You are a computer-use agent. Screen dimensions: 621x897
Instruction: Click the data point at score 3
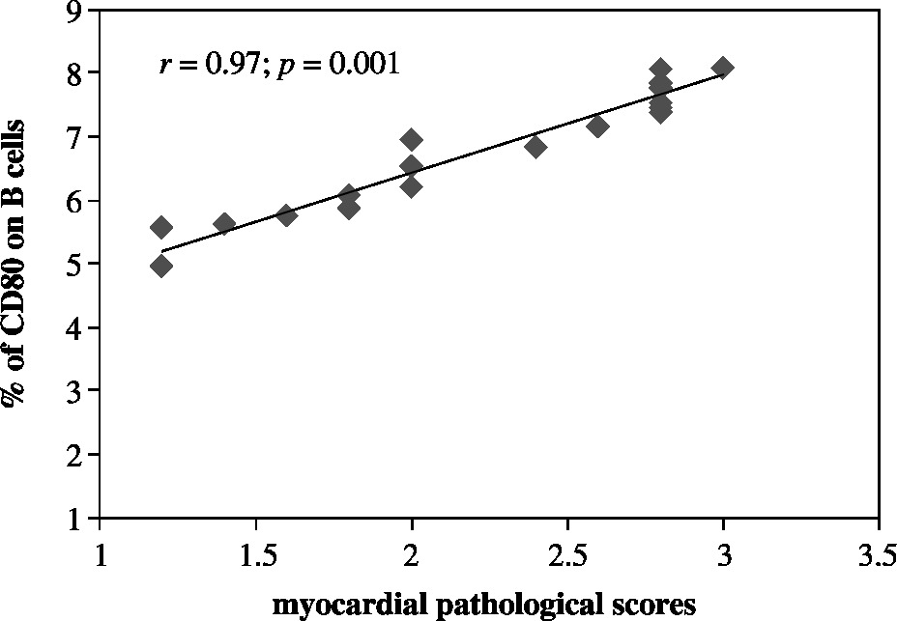722,68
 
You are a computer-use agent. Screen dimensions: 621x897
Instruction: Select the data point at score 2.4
535,146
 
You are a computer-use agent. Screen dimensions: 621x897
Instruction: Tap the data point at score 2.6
597,126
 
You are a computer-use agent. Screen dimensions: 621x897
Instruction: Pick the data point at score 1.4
224,224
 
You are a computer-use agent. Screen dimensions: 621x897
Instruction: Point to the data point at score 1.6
286,214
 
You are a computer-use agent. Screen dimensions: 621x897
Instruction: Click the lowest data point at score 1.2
161,266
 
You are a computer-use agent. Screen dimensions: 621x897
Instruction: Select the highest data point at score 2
411,139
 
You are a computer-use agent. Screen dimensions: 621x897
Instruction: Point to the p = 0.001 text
338,66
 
